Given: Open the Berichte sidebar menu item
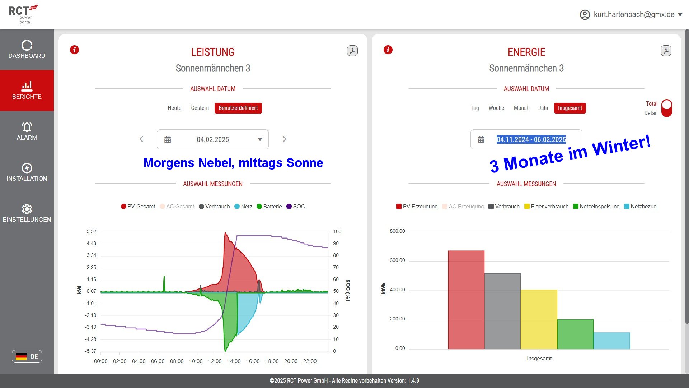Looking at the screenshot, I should click(27, 90).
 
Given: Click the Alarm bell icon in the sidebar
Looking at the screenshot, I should click(27, 127).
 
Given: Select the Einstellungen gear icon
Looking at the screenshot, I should click(27, 209).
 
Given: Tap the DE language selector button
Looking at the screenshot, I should click(27, 356).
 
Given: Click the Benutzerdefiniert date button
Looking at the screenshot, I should click(238, 108).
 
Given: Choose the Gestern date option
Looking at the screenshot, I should click(200, 108).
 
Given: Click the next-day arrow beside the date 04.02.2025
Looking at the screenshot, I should click(285, 139).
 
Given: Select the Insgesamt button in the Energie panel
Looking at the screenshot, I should click(570, 108).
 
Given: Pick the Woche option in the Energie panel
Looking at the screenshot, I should click(496, 108).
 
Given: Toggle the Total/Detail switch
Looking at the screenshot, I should click(666, 108).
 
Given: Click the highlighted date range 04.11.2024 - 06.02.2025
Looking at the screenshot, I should click(531, 139).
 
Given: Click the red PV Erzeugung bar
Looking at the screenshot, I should click(466, 300).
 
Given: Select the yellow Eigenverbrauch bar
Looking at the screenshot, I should click(539, 319).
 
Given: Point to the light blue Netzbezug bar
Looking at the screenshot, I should click(611, 341).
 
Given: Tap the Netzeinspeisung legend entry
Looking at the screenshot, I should click(596, 207).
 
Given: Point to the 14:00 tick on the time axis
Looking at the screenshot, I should click(234, 361).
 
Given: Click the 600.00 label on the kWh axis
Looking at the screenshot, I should click(397, 260).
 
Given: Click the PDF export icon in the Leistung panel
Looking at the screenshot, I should click(352, 51).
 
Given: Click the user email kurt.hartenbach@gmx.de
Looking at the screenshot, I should click(634, 15).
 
